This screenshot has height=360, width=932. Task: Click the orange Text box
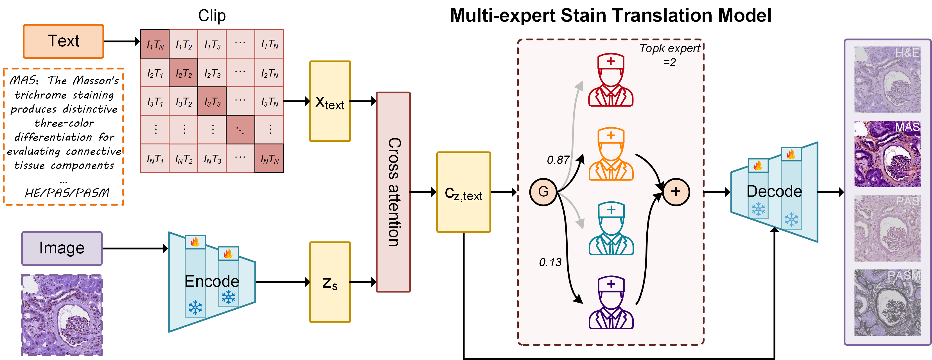pyautogui.click(x=63, y=41)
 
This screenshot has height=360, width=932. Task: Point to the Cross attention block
pyautogui.click(x=393, y=192)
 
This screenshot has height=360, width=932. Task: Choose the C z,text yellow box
pyautogui.click(x=463, y=192)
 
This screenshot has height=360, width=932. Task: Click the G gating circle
pyautogui.click(x=543, y=192)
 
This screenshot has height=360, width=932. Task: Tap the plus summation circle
pyautogui.click(x=676, y=192)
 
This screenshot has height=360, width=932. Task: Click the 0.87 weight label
pyautogui.click(x=558, y=160)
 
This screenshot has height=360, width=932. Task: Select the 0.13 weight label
pyautogui.click(x=550, y=262)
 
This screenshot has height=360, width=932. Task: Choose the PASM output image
pyautogui.click(x=887, y=303)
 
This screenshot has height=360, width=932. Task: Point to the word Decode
pyautogui.click(x=774, y=192)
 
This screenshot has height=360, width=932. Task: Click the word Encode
pyautogui.click(x=212, y=282)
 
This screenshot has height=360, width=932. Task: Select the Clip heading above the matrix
pyautogui.click(x=212, y=16)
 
